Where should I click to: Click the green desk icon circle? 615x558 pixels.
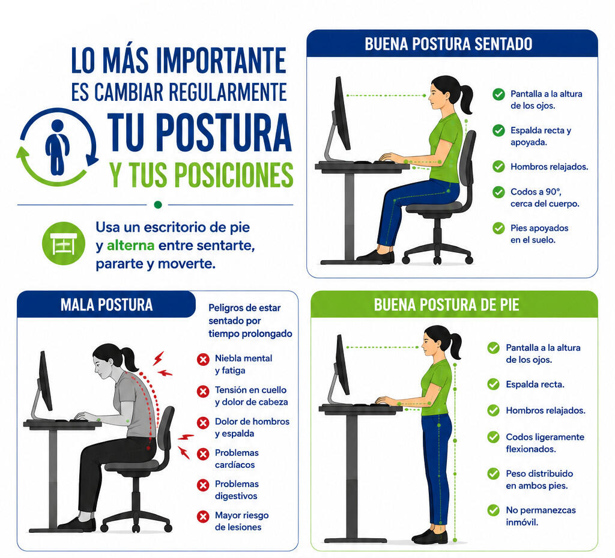pyautogui.click(x=64, y=243)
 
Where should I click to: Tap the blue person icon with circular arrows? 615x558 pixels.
pyautogui.click(x=57, y=147)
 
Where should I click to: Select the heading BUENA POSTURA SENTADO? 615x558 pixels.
pyautogui.click(x=448, y=44)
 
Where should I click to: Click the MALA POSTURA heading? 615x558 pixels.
pyautogui.click(x=106, y=305)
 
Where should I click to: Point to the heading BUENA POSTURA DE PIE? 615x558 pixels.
pyautogui.click(x=446, y=305)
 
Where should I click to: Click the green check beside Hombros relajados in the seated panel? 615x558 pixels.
pyautogui.click(x=498, y=166)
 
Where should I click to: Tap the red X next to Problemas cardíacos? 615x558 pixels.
pyautogui.click(x=203, y=454)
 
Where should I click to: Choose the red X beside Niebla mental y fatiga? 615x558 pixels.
pyautogui.click(x=203, y=360)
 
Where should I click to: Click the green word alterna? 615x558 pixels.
pyautogui.click(x=130, y=246)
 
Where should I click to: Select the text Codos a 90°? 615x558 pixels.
pyautogui.click(x=536, y=192)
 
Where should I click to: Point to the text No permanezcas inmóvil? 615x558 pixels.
pyautogui.click(x=541, y=516)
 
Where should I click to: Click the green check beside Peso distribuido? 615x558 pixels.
pyautogui.click(x=493, y=474)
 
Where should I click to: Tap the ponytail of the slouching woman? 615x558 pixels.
pyautogui.click(x=129, y=358)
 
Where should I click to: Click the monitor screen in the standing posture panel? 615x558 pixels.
pyautogui.click(x=342, y=365)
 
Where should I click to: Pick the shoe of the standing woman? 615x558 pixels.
pyautogui.click(x=430, y=536)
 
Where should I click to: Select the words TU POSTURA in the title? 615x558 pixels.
pyautogui.click(x=199, y=132)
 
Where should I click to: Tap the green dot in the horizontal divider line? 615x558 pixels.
pyautogui.click(x=158, y=204)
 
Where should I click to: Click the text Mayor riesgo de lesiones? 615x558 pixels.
pyautogui.click(x=241, y=521)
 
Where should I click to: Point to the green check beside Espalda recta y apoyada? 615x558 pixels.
pyautogui.click(x=498, y=130)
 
